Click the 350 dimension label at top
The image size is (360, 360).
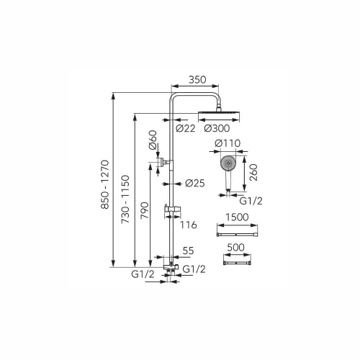point(197,80)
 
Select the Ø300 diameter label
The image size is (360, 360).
point(217,128)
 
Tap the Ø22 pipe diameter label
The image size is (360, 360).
point(186,128)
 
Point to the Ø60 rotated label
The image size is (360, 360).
point(153,140)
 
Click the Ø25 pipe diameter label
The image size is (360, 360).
point(195,184)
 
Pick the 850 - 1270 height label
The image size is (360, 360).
point(105,184)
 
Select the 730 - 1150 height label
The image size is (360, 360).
point(125,199)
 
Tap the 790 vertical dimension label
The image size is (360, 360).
point(145,210)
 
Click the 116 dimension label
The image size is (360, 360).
point(189,225)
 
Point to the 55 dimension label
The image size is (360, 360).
point(188,251)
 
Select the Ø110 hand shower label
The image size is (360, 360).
point(228,143)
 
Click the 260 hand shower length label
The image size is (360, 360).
point(253,172)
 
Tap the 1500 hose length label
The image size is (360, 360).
point(237,217)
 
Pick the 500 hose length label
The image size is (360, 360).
point(235,247)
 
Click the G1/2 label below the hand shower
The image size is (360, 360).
point(251,201)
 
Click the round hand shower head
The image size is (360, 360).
point(228,163)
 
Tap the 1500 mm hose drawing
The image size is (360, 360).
point(237,234)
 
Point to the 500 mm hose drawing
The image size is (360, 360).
point(237,264)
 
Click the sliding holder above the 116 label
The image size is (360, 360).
point(171,209)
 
